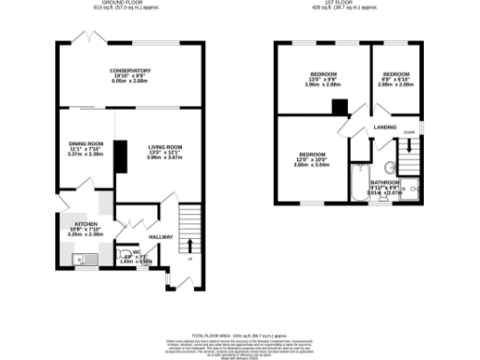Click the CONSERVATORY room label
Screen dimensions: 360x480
pos(129,71)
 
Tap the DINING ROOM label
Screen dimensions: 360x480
pos(85,143)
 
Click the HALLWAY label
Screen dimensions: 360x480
pos(162,237)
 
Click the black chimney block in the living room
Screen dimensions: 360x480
pos(121,158)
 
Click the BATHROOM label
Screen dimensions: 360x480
pos(385,182)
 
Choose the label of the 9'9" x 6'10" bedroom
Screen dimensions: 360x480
pos(397,72)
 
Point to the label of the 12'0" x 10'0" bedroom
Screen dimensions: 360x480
pos(312,154)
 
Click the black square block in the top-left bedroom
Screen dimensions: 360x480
pos(339,107)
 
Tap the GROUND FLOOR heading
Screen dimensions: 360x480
pos(129,4)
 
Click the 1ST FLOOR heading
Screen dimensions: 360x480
pos(350,4)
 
